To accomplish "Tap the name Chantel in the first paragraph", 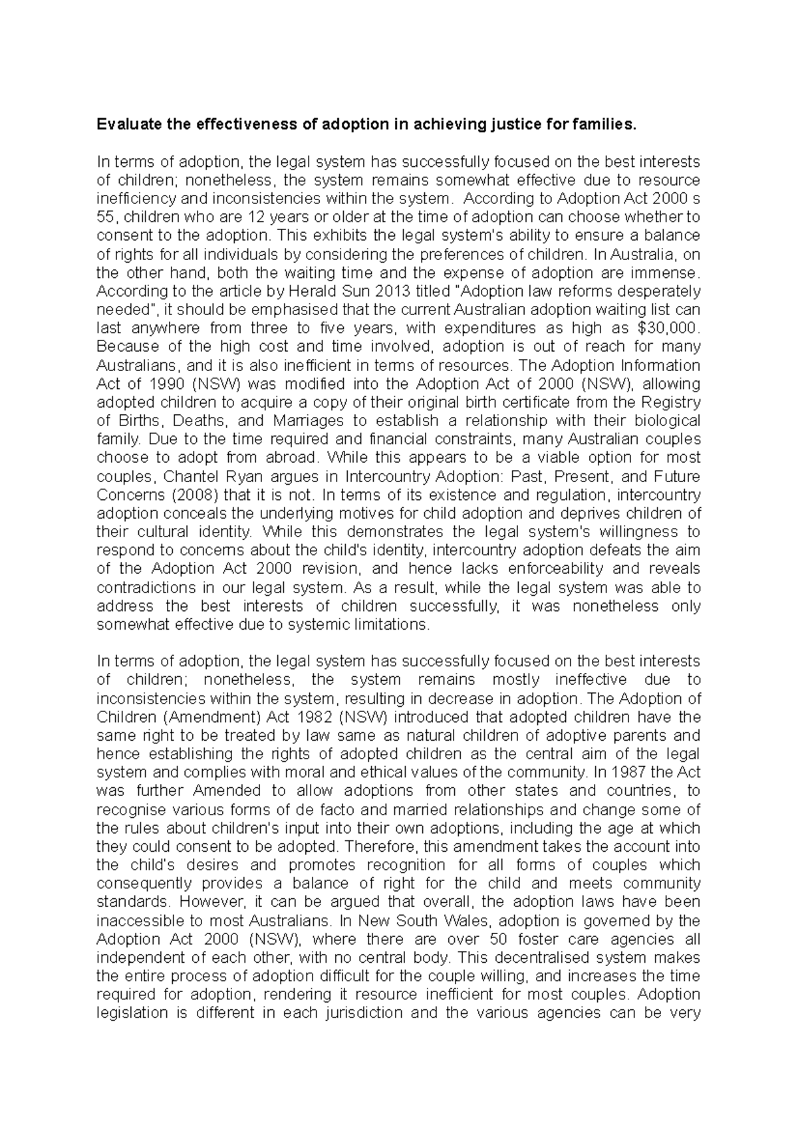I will [188, 477].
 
